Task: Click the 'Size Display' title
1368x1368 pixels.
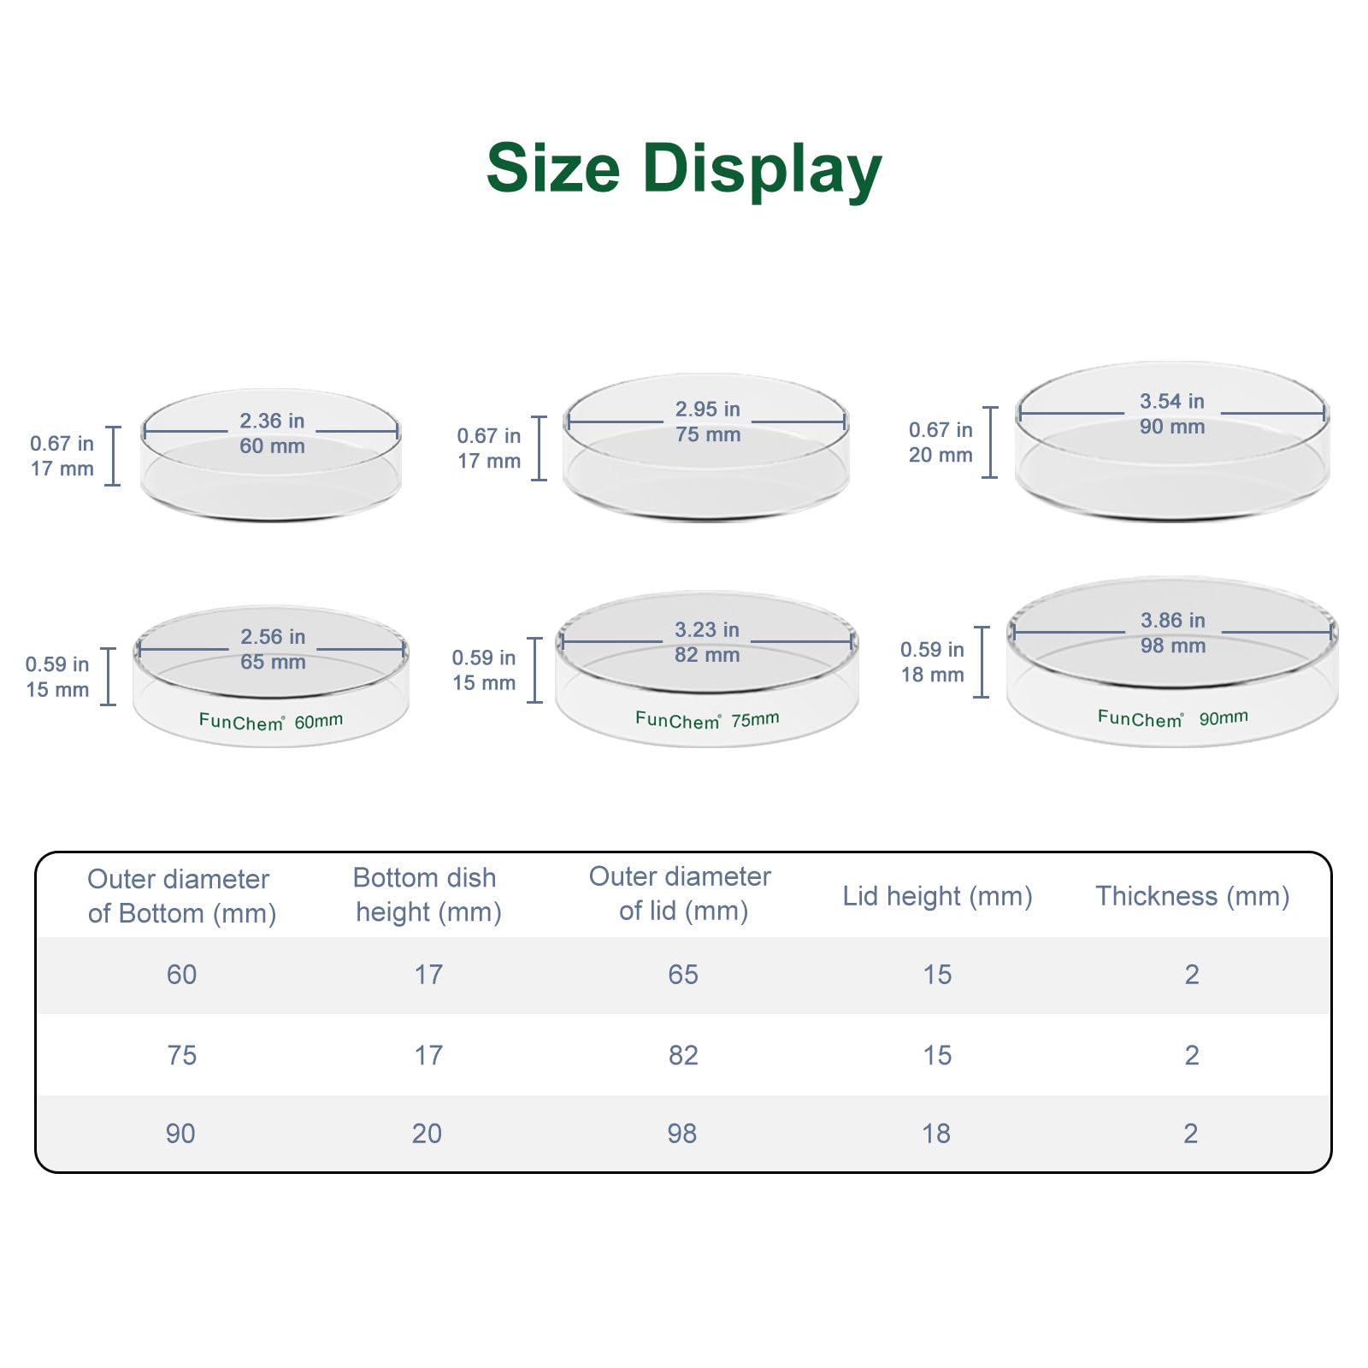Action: [x=684, y=169]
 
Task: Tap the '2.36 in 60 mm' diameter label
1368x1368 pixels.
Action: [x=272, y=433]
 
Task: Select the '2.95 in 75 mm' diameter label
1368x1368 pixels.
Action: [x=708, y=422]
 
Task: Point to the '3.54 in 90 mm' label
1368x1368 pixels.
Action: [x=1172, y=414]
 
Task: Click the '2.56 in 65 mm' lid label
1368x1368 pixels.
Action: [x=273, y=649]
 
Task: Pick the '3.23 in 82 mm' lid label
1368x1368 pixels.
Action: [x=707, y=642]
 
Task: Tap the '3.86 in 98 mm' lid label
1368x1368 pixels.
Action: [x=1173, y=633]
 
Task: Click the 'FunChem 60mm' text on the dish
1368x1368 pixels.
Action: [x=271, y=722]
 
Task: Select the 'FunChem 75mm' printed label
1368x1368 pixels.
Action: [x=707, y=720]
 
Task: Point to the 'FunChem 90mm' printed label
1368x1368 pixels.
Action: [x=1173, y=717]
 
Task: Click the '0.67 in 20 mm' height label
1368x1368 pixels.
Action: [x=940, y=442]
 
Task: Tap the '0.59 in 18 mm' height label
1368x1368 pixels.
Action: [x=932, y=662]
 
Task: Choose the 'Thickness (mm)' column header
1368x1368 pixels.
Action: [x=1193, y=896]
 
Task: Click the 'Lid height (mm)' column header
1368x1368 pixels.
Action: [x=938, y=896]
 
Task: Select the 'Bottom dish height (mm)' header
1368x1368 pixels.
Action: [x=427, y=894]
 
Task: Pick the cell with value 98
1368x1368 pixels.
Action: [x=682, y=1134]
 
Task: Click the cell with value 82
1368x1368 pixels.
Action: [x=683, y=1055]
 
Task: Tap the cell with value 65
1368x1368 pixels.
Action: [x=683, y=975]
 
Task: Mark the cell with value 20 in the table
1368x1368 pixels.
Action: [x=427, y=1134]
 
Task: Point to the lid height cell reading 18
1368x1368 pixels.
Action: [x=936, y=1134]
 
